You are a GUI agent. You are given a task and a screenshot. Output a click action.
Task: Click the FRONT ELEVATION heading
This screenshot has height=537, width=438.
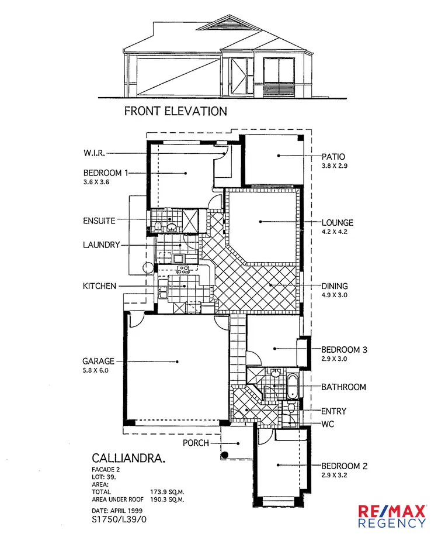tap(175, 111)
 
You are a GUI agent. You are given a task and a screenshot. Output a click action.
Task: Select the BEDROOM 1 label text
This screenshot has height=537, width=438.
tap(105, 173)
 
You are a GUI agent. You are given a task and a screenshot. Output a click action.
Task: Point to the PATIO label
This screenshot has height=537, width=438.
tap(333, 156)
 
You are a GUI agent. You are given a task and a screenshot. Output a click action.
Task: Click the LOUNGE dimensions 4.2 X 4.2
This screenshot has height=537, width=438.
tap(335, 232)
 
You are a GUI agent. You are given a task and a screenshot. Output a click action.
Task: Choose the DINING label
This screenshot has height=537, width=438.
tap(335, 286)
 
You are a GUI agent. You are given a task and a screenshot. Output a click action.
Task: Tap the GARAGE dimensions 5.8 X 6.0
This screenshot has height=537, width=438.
tap(96, 371)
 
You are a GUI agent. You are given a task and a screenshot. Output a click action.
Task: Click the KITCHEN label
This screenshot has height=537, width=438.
tap(100, 286)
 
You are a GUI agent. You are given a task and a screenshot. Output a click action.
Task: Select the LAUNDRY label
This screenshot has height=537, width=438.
tap(101, 245)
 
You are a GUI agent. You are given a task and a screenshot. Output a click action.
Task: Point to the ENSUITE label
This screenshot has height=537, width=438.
tap(99, 221)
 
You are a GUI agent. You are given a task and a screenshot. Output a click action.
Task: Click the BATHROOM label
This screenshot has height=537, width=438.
tap(344, 387)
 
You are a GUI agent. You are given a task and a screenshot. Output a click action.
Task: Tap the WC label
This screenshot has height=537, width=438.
tap(328, 424)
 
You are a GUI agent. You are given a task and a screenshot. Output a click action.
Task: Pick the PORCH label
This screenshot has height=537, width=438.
tap(196, 443)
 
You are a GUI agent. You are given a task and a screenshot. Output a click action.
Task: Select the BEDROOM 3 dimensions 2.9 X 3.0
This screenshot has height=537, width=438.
tap(335, 359)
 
